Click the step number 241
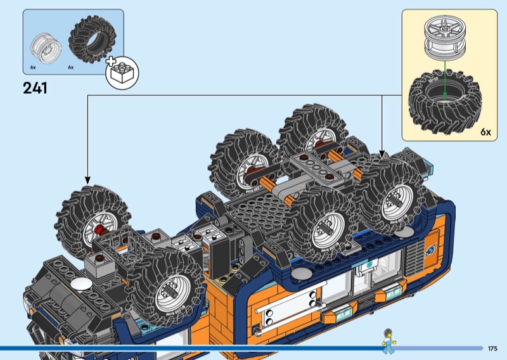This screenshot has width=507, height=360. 35,88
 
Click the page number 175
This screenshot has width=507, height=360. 492,349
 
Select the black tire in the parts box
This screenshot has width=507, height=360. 92,39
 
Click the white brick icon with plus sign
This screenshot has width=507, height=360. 122,72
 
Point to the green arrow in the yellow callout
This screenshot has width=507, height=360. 445,80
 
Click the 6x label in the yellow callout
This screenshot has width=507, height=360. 485,132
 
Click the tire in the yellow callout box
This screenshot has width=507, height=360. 445,101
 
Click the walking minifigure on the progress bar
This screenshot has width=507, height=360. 388,341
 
